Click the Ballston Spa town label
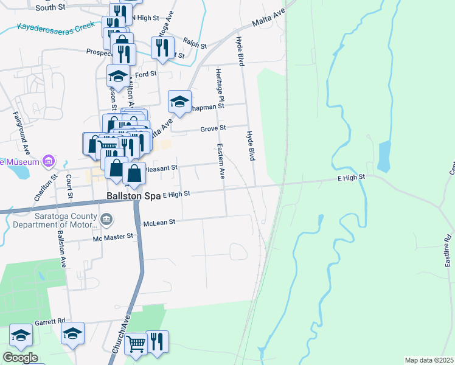click(x=133, y=196)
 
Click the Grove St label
click(x=214, y=128)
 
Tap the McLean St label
click(x=159, y=223)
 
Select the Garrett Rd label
click(x=49, y=321)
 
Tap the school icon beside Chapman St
click(x=179, y=101)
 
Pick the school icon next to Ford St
click(x=118, y=76)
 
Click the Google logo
click(x=20, y=358)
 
